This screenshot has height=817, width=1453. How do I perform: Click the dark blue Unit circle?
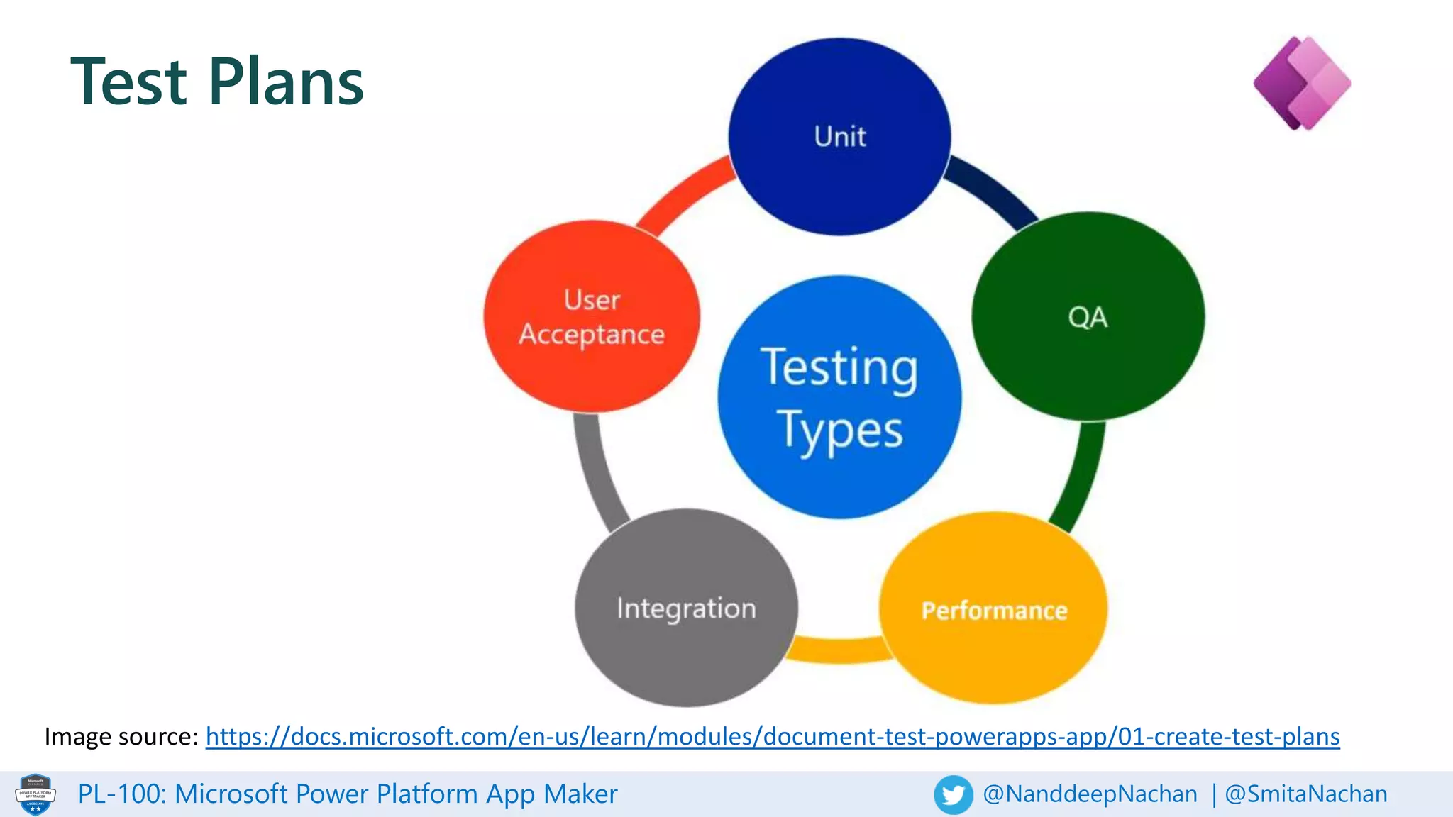(839, 136)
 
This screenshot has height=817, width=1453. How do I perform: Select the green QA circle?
(1088, 316)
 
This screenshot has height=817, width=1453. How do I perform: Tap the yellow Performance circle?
(993, 608)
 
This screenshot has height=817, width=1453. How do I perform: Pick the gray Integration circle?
(685, 608)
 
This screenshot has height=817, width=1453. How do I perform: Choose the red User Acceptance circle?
(592, 316)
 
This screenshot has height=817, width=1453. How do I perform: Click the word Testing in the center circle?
(839, 367)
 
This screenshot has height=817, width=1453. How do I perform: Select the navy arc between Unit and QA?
(993, 190)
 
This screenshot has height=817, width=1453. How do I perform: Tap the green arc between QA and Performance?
(1083, 475)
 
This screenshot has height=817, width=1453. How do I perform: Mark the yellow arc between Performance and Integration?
(839, 650)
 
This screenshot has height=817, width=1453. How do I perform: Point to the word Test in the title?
(129, 82)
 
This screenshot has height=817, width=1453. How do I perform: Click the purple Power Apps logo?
(1302, 84)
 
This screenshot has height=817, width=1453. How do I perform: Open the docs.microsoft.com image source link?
(772, 736)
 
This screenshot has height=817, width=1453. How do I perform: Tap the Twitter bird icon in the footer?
(953, 794)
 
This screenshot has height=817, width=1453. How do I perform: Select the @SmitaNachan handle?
(1305, 794)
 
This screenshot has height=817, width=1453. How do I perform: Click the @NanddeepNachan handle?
(1090, 794)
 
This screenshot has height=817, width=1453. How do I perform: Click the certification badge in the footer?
(35, 794)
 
